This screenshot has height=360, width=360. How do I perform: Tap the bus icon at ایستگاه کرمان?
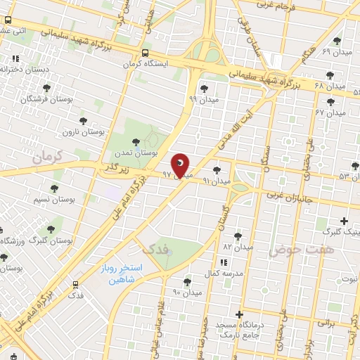coord(145,53)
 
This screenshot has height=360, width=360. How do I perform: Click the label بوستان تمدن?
coord(136,153)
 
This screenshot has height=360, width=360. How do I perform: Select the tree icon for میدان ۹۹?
coord(204,89)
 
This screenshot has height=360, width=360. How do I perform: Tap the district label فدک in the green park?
coord(155,248)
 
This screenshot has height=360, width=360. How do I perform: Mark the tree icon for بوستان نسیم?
coord(54,188)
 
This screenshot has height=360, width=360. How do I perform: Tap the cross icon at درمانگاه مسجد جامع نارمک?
coord(240,314)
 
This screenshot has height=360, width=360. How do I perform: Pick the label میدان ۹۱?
coord(217,181)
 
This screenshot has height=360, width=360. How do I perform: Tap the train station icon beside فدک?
coord(75,284)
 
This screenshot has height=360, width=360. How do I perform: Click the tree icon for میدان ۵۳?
coord(355,166)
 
